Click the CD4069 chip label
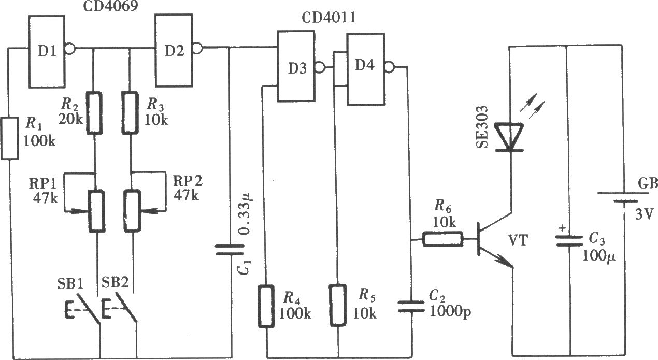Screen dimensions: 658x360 pyautogui.click(x=110, y=6)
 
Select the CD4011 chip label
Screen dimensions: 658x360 pyautogui.click(x=328, y=18)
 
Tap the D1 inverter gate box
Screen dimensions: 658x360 pyautogui.click(x=47, y=51)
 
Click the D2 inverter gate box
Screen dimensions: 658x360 pyautogui.click(x=174, y=50)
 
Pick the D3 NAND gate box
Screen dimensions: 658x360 pyautogui.click(x=296, y=66)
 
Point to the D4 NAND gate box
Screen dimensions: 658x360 pyautogui.click(x=366, y=69)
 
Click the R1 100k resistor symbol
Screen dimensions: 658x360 pyautogui.click(x=10, y=138)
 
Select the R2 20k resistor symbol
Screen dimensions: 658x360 pyautogui.click(x=94, y=113)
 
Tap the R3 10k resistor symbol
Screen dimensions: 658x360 pyautogui.click(x=130, y=113)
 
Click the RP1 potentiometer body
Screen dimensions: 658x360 pyautogui.click(x=97, y=211)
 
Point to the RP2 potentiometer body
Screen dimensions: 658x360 pyautogui.click(x=132, y=211)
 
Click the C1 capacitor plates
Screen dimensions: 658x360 pyautogui.click(x=230, y=250)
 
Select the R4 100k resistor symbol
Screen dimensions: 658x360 pyautogui.click(x=266, y=306)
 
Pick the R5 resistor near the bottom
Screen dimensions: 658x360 pyautogui.click(x=338, y=306)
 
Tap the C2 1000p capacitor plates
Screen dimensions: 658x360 pyautogui.click(x=411, y=306)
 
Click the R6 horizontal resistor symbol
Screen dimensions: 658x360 pyautogui.click(x=443, y=239)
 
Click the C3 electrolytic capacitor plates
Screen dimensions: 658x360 pyautogui.click(x=569, y=241)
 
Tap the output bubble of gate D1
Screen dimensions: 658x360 pyautogui.click(x=70, y=49)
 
